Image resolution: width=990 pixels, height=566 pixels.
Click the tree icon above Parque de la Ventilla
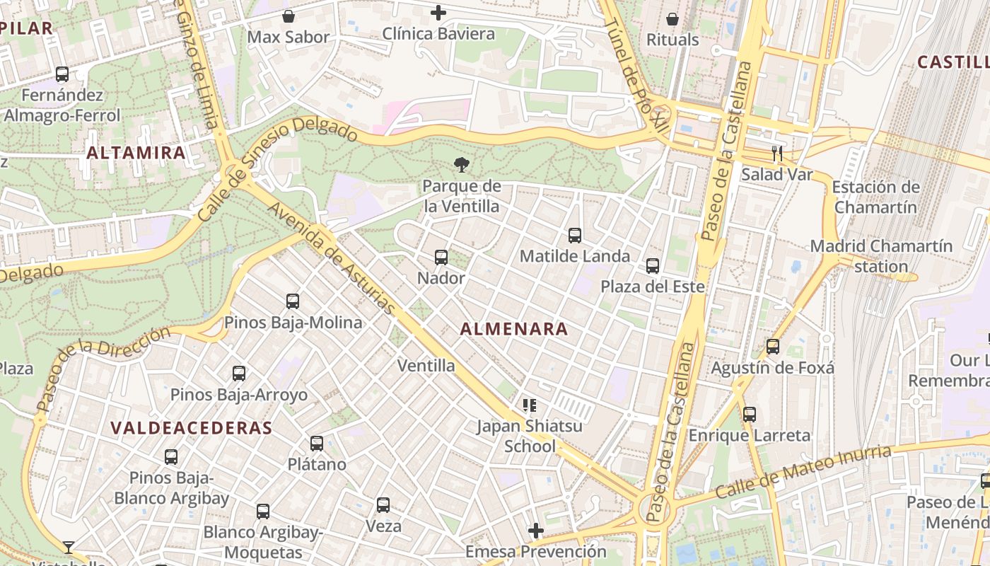pyautogui.click(x=462, y=166)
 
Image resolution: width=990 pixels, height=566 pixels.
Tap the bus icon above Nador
pyautogui.click(x=441, y=258)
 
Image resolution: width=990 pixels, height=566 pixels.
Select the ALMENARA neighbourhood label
pyautogui.click(x=514, y=329)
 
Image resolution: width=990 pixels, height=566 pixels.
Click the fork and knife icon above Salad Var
pyautogui.click(x=776, y=153)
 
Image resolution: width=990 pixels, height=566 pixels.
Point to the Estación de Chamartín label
pyautogui.click(x=876, y=197)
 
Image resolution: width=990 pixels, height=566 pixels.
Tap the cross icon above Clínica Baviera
pyautogui.click(x=438, y=13)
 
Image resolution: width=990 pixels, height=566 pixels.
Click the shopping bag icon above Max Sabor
pyautogui.click(x=289, y=16)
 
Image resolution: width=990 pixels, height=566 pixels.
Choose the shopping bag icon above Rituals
pyautogui.click(x=672, y=19)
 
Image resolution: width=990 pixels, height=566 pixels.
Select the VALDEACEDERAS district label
pyautogui.click(x=192, y=428)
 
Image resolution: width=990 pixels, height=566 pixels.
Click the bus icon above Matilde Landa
pyautogui.click(x=575, y=235)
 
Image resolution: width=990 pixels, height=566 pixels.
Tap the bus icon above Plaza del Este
pyautogui.click(x=653, y=266)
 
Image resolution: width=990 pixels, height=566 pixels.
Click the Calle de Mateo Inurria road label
pyautogui.click(x=803, y=472)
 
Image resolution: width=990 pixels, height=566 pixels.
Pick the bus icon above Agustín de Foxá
pyautogui.click(x=773, y=347)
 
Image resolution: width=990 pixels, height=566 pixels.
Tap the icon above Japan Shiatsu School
pyautogui.click(x=529, y=405)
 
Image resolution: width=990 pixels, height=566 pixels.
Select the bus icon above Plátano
pyautogui.click(x=317, y=444)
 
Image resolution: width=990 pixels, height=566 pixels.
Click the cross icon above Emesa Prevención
pyautogui.click(x=536, y=530)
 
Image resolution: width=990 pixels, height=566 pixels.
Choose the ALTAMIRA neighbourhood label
pyautogui.click(x=136, y=152)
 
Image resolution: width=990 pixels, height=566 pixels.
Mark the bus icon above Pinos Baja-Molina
pyautogui.click(x=293, y=301)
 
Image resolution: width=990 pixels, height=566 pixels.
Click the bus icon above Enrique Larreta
pyautogui.click(x=750, y=414)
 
